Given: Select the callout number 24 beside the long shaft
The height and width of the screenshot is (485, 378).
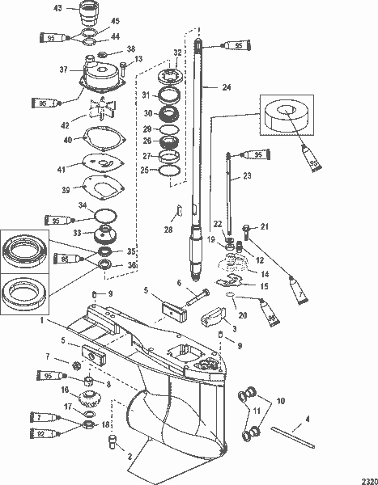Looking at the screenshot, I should [226, 87].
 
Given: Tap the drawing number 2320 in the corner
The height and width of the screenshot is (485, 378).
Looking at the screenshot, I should [365, 477].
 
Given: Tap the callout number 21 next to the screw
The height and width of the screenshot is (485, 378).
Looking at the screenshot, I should [263, 227].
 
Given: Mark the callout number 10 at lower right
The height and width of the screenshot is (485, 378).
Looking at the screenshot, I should [279, 401].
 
